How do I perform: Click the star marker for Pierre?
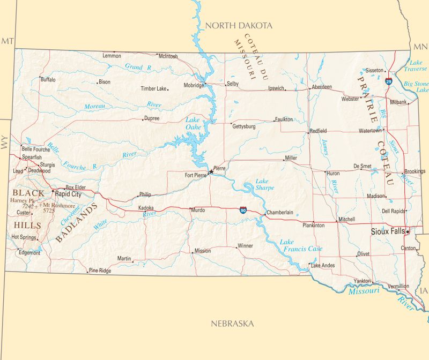pyautogui.click(x=210, y=172)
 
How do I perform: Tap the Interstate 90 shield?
pyautogui.click(x=243, y=211)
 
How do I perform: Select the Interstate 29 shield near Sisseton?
pyautogui.click(x=388, y=81)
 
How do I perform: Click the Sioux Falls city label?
pyautogui.click(x=388, y=231)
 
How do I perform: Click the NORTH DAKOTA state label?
pyautogui.click(x=239, y=25)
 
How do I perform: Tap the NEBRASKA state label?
pyautogui.click(x=232, y=324)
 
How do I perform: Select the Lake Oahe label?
pyautogui.click(x=193, y=123)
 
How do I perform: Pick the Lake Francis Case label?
pyautogui.click(x=301, y=245)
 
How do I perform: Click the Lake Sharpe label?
pyautogui.click(x=264, y=184)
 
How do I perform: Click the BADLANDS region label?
pyautogui.click(x=77, y=222)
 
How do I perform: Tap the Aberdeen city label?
pyautogui.click(x=322, y=87)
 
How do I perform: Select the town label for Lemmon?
pyautogui.click(x=112, y=56)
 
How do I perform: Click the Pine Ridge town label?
pyautogui.click(x=100, y=271)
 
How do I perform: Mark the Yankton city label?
pyautogui.click(x=362, y=281)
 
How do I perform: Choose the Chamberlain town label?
pyautogui.click(x=280, y=213)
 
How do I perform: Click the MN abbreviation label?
pyautogui.click(x=418, y=46)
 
